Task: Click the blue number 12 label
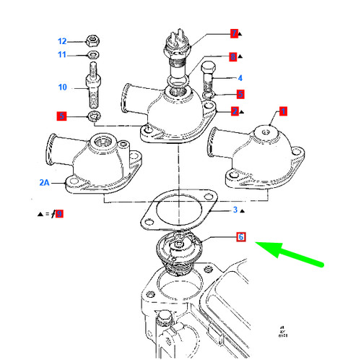click(62, 41)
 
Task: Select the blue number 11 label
click(62, 55)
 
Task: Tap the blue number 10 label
click(62, 87)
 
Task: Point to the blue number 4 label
click(240, 78)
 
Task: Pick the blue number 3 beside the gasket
click(235, 210)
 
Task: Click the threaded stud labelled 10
click(95, 86)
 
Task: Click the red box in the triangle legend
click(59, 213)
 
